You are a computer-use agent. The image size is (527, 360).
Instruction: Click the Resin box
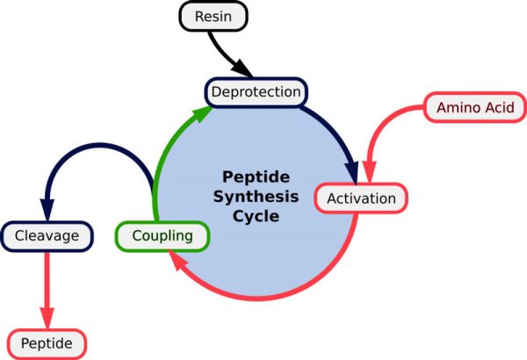tap(214, 16)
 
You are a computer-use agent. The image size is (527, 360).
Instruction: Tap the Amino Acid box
tap(475, 108)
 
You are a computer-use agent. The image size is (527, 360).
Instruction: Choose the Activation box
tap(361, 198)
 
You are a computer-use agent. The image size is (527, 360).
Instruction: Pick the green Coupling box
tap(162, 235)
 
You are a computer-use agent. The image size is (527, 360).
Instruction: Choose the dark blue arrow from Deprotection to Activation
tap(338, 132)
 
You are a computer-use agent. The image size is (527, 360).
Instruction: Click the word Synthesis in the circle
tap(256, 195)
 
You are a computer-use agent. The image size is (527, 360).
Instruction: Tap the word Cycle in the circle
tap(256, 216)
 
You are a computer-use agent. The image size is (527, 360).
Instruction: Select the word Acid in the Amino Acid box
tap(497, 108)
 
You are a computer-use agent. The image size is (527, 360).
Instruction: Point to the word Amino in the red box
tap(457, 108)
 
